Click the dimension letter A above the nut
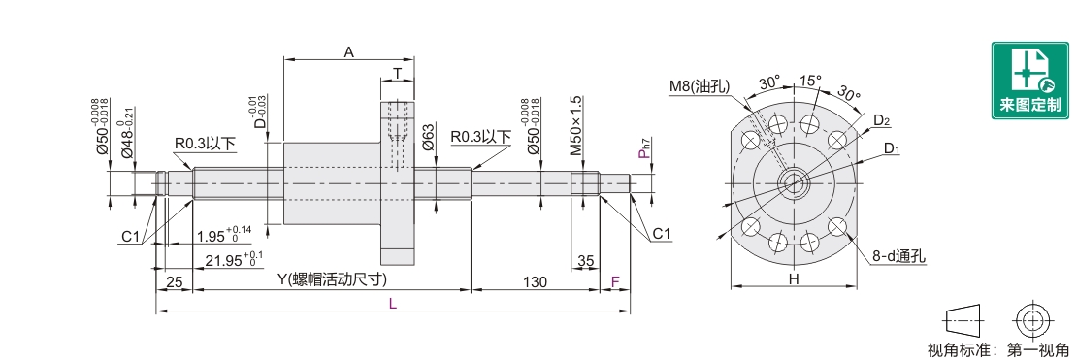coord(349,51)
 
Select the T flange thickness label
coord(397,74)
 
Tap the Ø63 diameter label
coord(427,138)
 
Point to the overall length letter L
coord(392,305)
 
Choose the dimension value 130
coord(535,281)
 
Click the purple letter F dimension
coord(615,281)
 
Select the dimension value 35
coord(585,260)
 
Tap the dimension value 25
coord(175,281)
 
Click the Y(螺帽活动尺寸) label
coord(331,280)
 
